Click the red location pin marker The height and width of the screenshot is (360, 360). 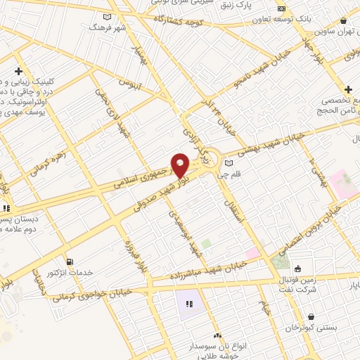pos(180,165)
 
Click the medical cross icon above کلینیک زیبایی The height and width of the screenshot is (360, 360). pos(18,71)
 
